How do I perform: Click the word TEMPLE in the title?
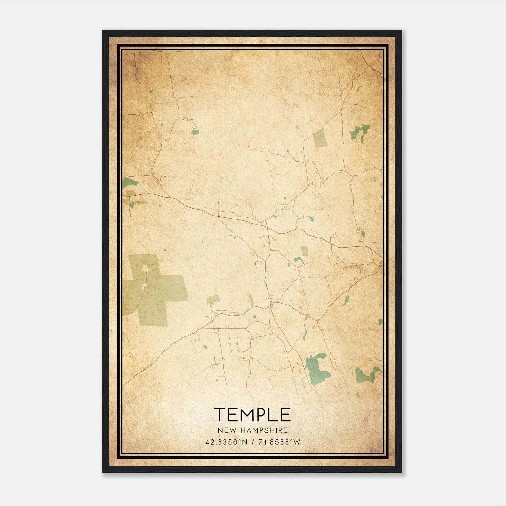pos(252,414)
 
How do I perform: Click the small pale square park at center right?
pos(305,251)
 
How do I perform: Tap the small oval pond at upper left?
pos(195,132)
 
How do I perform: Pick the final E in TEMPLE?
pos(285,414)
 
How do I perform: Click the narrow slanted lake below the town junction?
pos(305,335)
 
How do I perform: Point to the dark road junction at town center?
pos(271,305)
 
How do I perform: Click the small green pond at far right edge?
pos(380,322)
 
